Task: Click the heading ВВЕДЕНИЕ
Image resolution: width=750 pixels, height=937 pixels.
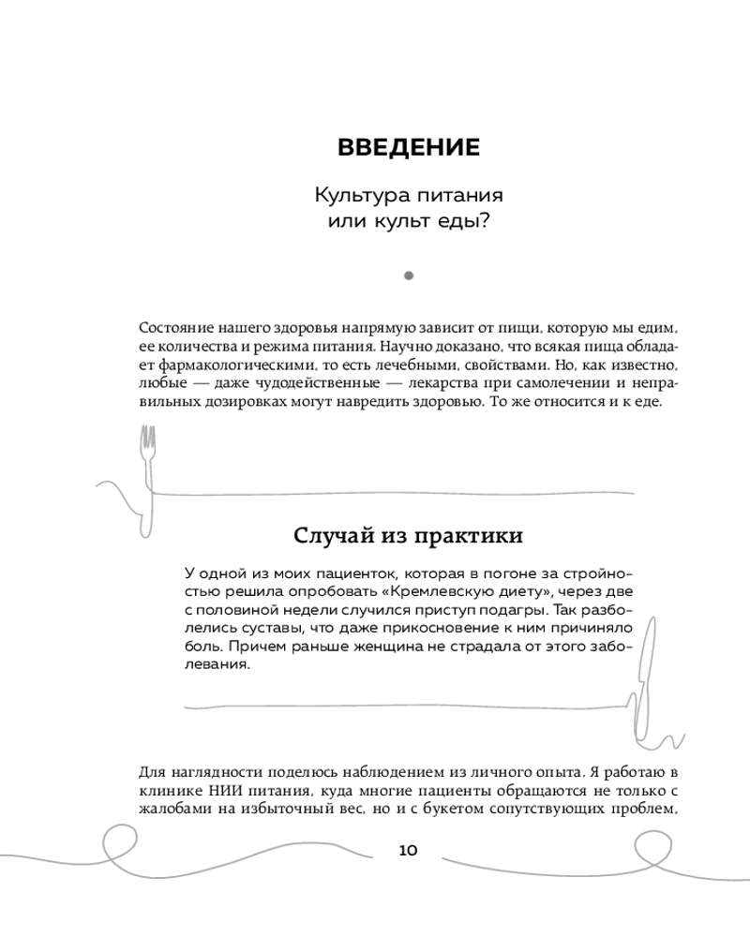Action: [x=407, y=148]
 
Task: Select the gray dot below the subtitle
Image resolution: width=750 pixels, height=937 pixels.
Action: [x=408, y=275]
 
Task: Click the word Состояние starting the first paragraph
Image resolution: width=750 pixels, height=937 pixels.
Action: [x=175, y=328]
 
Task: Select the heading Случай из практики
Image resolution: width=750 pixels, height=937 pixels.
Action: [x=408, y=536]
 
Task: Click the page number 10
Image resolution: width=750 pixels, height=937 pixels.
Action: [x=408, y=851]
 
